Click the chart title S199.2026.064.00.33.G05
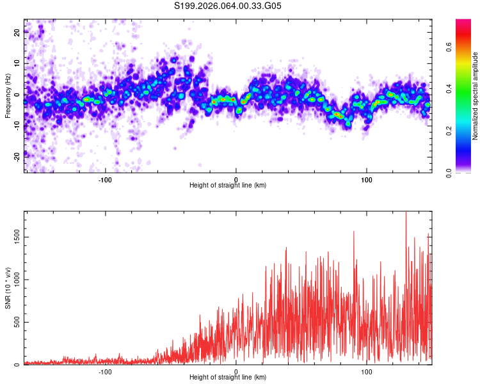[x=228, y=6]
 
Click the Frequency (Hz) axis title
[x=8, y=95]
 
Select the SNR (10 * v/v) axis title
[x=8, y=288]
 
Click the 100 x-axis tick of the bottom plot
[x=367, y=371]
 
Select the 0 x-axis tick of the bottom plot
[x=236, y=371]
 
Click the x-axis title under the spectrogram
[x=228, y=185]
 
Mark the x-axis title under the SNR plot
[x=228, y=378]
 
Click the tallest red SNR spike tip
[x=406, y=212]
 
